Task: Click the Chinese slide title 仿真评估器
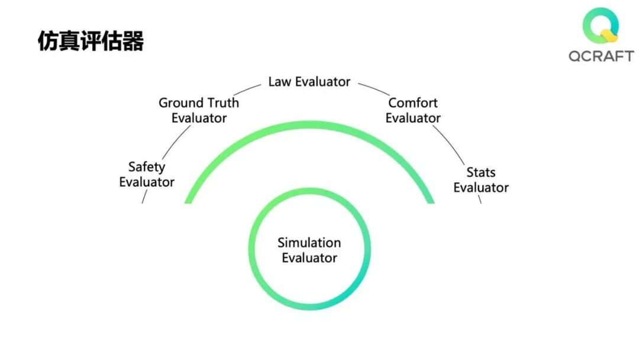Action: (91, 41)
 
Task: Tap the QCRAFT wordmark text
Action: (601, 56)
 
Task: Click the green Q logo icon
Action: (601, 27)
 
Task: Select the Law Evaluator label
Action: (309, 82)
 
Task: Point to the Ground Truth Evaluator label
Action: (199, 110)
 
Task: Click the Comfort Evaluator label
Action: (413, 110)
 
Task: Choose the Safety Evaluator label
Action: (147, 175)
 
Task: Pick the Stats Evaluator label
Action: (481, 180)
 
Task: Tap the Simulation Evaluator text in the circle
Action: (309, 250)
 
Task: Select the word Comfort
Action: (413, 102)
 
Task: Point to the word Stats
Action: (481, 172)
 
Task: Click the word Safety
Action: (147, 167)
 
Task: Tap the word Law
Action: (280, 82)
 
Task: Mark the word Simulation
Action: (309, 243)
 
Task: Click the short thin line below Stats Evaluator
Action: (480, 199)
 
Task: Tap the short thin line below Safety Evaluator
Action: (143, 198)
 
